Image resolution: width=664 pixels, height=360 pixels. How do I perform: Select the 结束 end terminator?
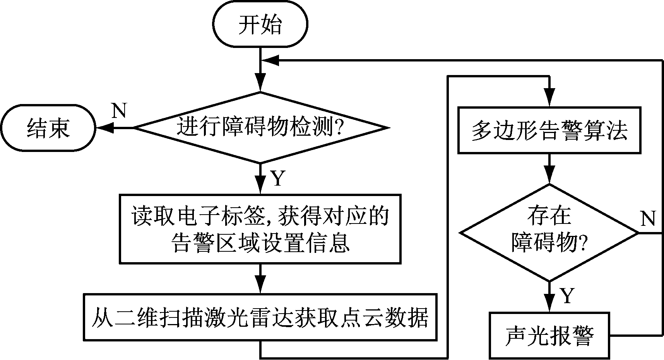pyautogui.click(x=48, y=128)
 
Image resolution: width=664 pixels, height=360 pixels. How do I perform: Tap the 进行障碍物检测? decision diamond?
pyautogui.click(x=260, y=128)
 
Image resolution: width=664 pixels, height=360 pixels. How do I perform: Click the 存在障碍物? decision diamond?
pyautogui.click(x=549, y=233)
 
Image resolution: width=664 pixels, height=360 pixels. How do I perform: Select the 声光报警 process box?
pyautogui.click(x=549, y=335)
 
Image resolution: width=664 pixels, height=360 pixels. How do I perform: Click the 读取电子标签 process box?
pyautogui.click(x=260, y=229)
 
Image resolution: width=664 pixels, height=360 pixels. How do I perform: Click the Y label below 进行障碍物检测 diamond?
pyautogui.click(x=278, y=179)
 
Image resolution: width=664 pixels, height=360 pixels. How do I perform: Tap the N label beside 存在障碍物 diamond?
pyautogui.click(x=648, y=219)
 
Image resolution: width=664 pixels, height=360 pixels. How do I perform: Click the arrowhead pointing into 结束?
pyautogui.click(x=104, y=128)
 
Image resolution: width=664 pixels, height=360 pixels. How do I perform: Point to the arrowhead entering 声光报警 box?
pyautogui.click(x=549, y=303)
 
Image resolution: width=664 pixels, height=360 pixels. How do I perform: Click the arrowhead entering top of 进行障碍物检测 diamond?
pyautogui.click(x=260, y=83)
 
